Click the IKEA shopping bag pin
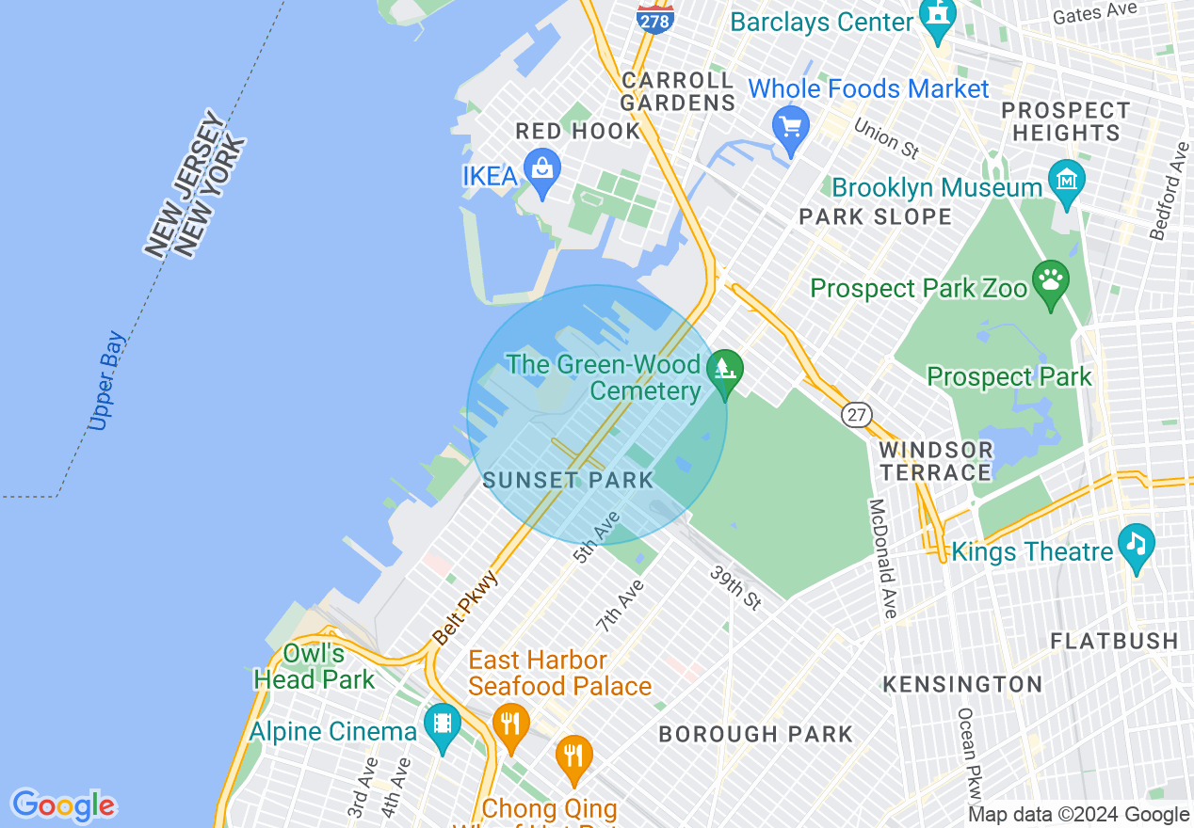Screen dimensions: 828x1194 (x=542, y=170)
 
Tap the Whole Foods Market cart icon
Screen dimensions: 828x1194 (x=790, y=127)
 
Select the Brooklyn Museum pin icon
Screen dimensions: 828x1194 (x=1066, y=179)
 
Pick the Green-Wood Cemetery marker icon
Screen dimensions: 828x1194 (x=724, y=369)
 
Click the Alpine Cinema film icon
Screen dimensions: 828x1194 (x=442, y=724)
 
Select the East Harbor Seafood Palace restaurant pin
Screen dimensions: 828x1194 (x=510, y=724)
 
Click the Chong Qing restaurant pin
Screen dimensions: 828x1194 (x=573, y=756)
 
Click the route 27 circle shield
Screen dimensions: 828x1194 (x=857, y=415)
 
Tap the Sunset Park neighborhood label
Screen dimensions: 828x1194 (x=568, y=480)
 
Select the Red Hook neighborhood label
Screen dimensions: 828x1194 (x=578, y=132)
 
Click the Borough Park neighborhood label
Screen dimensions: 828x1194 (x=755, y=734)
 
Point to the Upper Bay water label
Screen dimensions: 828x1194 (x=105, y=381)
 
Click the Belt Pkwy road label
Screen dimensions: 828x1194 (x=465, y=607)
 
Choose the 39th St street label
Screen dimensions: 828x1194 (x=735, y=587)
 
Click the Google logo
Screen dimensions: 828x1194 (x=63, y=805)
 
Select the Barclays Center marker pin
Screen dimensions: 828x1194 (x=939, y=16)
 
